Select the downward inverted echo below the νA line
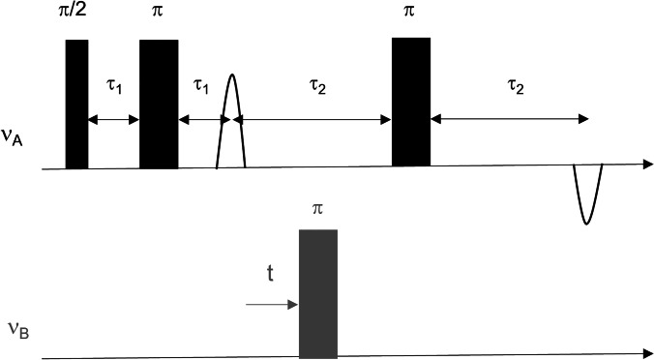[587, 194]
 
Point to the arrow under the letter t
[271, 306]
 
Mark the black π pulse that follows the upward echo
[411, 102]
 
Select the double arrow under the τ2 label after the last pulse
[510, 120]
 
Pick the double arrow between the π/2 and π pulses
[113, 120]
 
